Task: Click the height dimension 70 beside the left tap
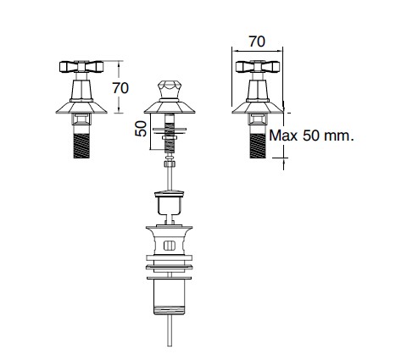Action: (120, 88)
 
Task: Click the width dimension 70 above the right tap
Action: (257, 42)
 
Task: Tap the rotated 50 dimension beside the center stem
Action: (141, 129)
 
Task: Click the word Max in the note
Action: (283, 136)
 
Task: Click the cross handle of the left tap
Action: (81, 67)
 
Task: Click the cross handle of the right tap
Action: (258, 67)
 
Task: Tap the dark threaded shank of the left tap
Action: (81, 146)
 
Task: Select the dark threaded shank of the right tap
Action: (258, 146)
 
